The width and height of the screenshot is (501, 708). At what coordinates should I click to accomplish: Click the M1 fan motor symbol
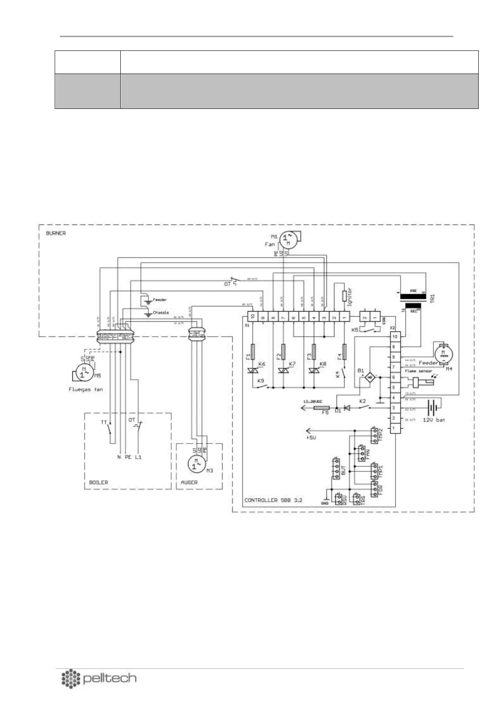[x=288, y=239]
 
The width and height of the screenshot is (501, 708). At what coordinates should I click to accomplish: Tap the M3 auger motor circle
[x=195, y=464]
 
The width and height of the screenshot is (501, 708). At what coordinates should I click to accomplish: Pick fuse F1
[x=253, y=352]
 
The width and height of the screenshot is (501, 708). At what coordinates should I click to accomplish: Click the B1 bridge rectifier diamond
[x=370, y=378]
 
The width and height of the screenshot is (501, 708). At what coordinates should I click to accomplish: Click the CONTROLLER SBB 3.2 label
[x=273, y=500]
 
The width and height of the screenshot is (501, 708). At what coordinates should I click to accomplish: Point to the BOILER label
[x=98, y=482]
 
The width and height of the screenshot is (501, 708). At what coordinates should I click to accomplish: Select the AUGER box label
[x=189, y=482]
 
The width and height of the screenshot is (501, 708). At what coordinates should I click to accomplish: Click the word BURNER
[x=56, y=232]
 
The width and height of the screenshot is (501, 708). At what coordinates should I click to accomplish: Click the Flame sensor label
[x=419, y=371]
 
